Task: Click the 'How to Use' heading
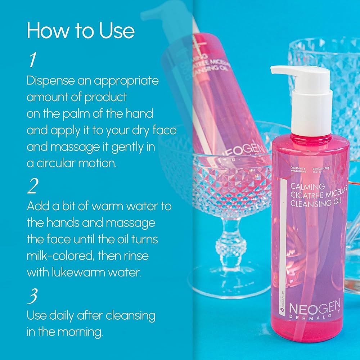(x=81, y=31)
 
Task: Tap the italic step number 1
(x=32, y=60)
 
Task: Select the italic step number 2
(x=33, y=186)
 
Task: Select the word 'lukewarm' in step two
(x=74, y=273)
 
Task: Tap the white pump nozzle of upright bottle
(x=284, y=70)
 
